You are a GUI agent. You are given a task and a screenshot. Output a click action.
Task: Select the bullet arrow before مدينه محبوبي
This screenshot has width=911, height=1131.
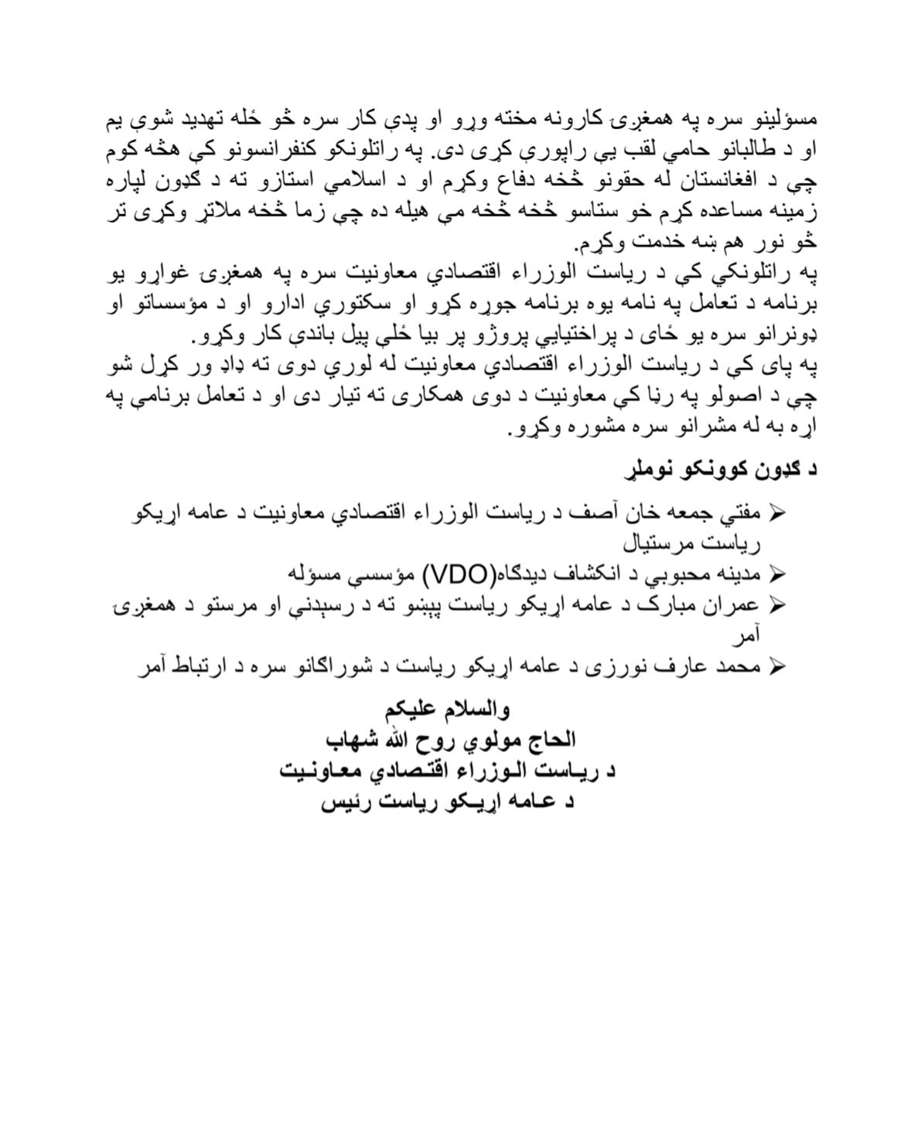pos(777,574)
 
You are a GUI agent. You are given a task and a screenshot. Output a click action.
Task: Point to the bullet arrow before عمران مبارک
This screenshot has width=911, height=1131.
pos(777,605)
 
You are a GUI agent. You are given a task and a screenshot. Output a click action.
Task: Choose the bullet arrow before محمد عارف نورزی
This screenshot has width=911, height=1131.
pos(777,666)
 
